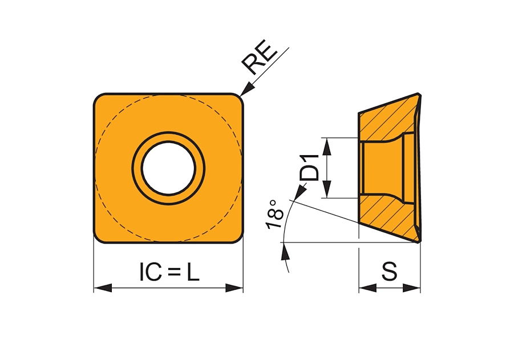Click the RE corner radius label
[259, 57]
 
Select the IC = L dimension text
[169, 272]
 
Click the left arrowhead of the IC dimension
[103, 288]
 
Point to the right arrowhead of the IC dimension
[234, 288]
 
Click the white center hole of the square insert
[168, 168]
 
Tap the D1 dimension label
[309, 168]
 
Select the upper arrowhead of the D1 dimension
[327, 147]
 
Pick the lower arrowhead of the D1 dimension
[327, 189]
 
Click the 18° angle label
[275, 214]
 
